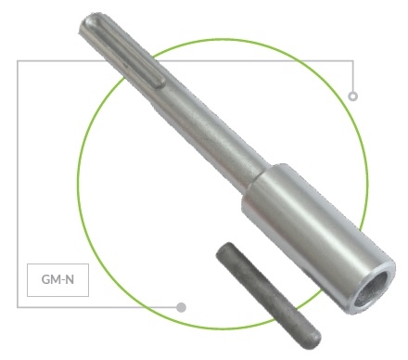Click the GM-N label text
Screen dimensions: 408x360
point(57,279)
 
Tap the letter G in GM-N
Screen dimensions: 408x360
point(45,279)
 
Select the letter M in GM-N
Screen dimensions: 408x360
point(56,279)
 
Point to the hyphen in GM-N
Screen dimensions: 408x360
point(63,280)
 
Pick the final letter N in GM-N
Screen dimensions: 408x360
point(70,279)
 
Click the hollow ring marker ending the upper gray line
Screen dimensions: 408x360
point(353,96)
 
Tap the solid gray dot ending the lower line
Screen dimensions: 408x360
point(181,307)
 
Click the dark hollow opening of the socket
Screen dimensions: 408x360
point(370,289)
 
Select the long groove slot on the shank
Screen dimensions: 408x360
point(126,52)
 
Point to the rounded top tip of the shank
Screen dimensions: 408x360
point(90,20)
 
